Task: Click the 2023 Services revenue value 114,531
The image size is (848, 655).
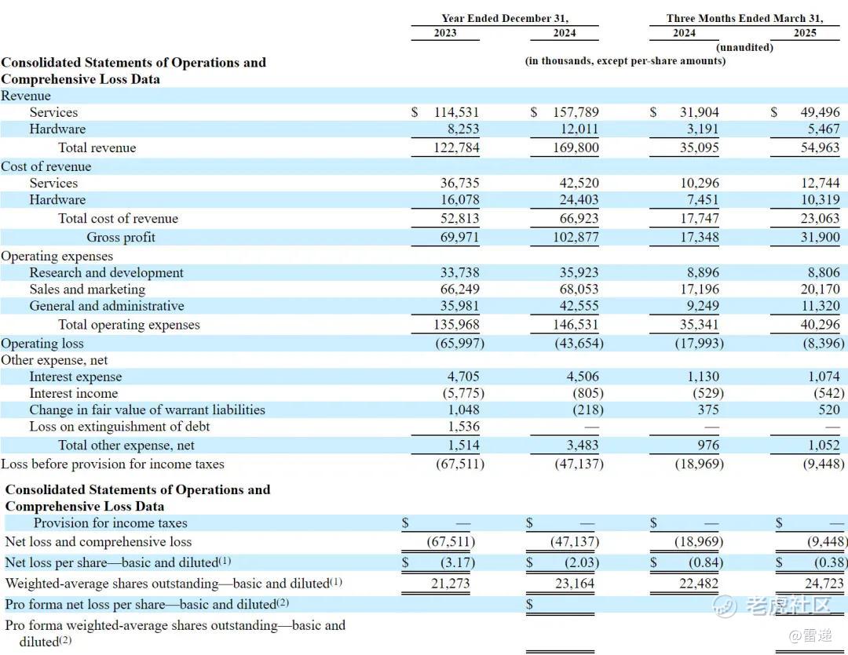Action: coord(456,112)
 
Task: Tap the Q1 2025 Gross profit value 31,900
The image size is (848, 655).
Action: coord(819,237)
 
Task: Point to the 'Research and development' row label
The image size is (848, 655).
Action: coord(106,272)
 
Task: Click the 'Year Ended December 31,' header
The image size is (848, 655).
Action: coord(504,18)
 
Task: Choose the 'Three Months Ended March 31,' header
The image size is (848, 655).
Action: coord(744,18)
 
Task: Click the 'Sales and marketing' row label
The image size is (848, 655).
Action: coord(87,289)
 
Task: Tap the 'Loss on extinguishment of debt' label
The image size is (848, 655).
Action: coord(119,426)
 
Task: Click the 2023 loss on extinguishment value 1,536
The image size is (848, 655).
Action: coord(463,426)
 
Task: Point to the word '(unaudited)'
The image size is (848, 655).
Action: coord(744,47)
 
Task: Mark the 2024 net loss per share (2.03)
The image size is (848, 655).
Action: coord(582,562)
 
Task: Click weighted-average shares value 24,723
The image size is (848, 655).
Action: coord(824,583)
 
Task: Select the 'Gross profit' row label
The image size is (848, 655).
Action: coord(121,237)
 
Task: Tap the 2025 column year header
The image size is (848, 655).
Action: coord(804,33)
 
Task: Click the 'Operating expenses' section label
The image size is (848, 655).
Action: coord(57,256)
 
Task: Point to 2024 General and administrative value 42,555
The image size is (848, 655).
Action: coord(579,305)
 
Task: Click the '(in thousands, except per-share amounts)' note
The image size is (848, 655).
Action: coord(625,60)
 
